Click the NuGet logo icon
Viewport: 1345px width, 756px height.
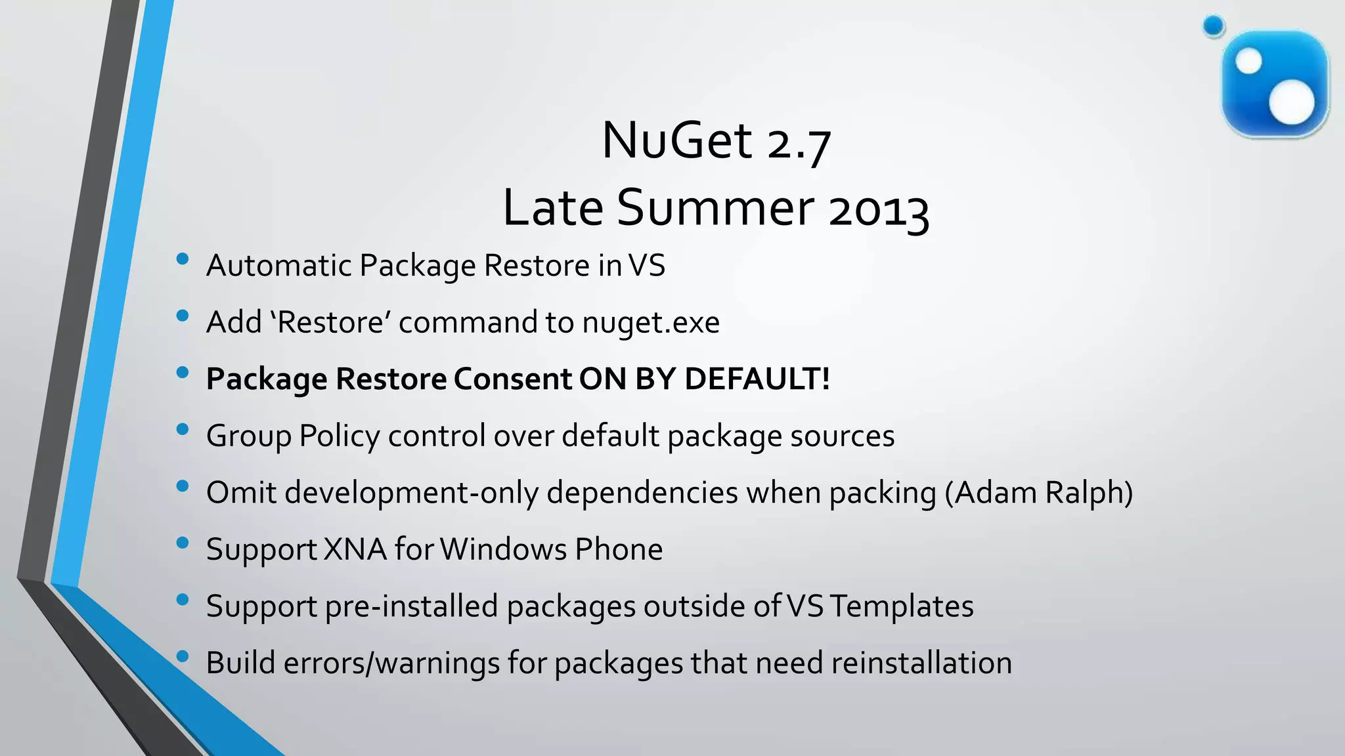tap(1275, 84)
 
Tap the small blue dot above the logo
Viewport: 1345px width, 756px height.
tap(1214, 26)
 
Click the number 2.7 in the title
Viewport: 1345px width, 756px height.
tap(799, 142)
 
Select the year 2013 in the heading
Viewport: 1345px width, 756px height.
tap(878, 209)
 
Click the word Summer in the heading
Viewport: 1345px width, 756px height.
tap(716, 207)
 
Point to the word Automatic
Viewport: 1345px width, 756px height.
tap(278, 266)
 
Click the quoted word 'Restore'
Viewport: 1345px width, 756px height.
tap(331, 322)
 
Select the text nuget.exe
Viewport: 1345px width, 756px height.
tap(650, 323)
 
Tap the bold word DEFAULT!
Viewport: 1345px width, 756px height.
tap(757, 379)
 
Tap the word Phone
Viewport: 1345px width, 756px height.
tap(618, 549)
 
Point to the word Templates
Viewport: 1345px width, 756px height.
tap(901, 606)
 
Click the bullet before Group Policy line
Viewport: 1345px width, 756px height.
tap(183, 429)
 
